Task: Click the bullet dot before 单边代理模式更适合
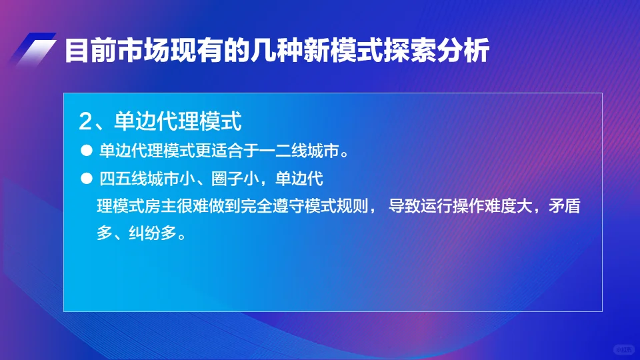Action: tap(85, 151)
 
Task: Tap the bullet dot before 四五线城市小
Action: tap(85, 180)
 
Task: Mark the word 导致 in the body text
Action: tap(403, 206)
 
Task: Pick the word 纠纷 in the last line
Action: tap(137, 234)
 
